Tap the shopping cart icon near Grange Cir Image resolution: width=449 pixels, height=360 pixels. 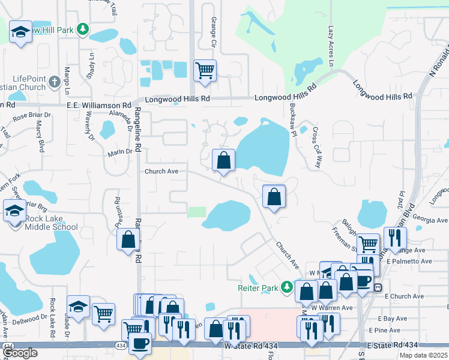tap(205, 71)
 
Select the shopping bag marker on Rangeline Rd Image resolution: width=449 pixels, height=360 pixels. tap(128, 239)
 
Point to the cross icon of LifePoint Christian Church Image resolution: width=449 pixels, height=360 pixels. tap(54, 82)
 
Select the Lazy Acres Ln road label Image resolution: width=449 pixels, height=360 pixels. tap(331, 46)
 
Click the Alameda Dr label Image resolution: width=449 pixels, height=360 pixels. tap(128, 115)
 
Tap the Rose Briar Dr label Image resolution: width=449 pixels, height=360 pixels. tap(31, 116)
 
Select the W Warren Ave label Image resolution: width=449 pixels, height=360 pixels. tap(331, 308)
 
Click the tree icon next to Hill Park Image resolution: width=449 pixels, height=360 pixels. tap(83, 29)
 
